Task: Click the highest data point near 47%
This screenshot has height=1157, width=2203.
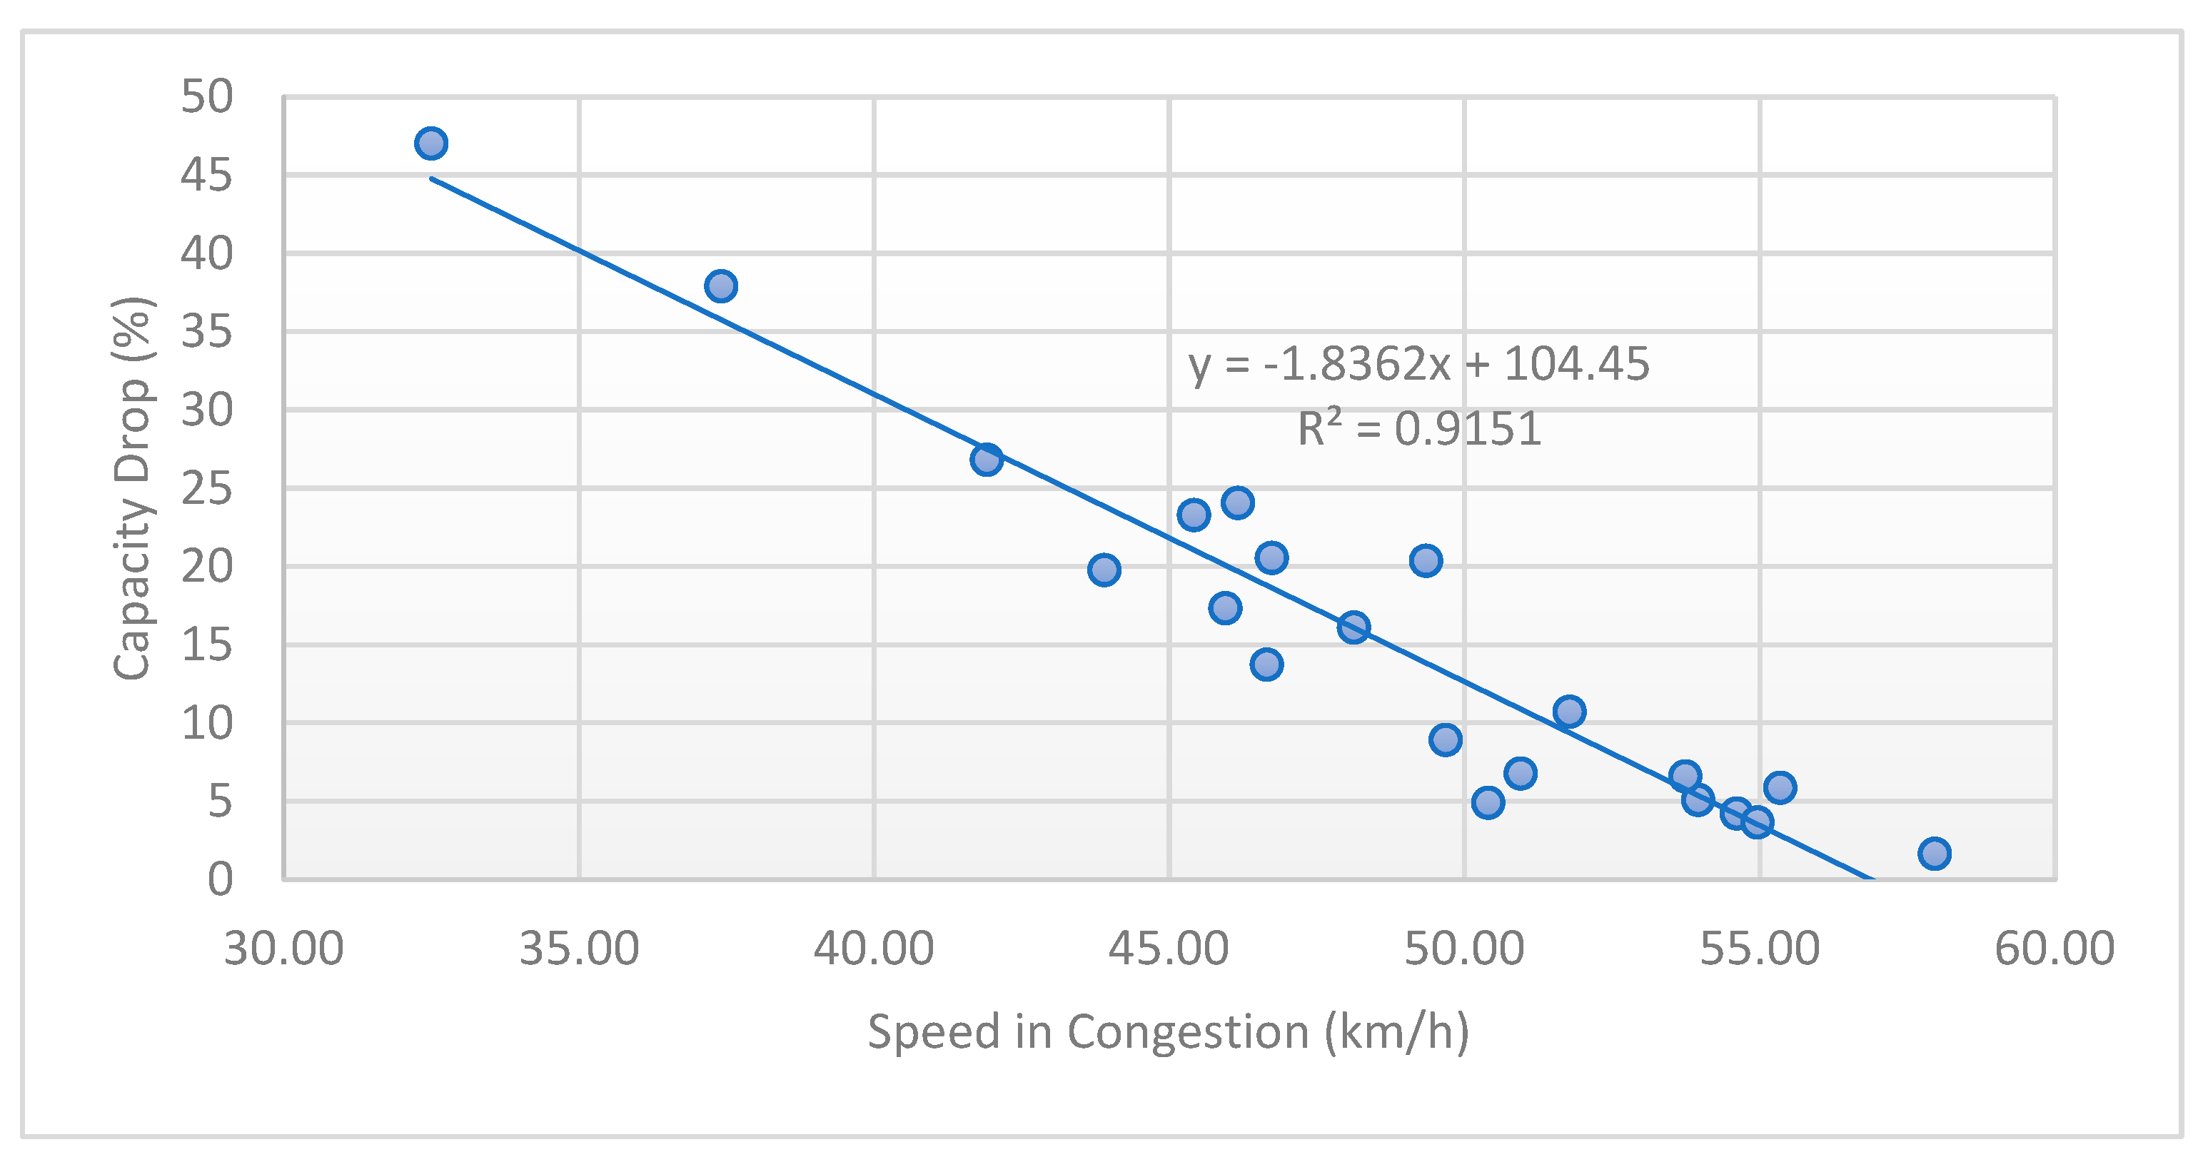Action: (x=431, y=143)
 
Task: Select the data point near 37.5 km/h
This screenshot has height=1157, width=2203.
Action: (x=721, y=286)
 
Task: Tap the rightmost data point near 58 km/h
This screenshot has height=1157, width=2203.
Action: (x=1935, y=852)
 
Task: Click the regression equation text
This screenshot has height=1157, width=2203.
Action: (x=1418, y=364)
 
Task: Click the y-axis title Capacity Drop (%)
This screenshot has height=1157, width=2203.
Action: (x=133, y=488)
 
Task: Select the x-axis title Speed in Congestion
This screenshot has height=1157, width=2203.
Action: (x=1168, y=1031)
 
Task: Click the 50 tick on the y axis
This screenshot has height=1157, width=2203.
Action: (x=206, y=96)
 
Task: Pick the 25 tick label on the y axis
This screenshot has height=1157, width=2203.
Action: (x=206, y=488)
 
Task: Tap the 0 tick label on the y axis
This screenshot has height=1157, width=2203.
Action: (x=220, y=879)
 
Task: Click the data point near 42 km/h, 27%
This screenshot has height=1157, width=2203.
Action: (x=986, y=460)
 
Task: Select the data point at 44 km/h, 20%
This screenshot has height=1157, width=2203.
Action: (x=1104, y=570)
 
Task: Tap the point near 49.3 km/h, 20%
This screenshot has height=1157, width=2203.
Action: (x=1426, y=561)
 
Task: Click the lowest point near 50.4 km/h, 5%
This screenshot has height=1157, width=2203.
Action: (x=1488, y=802)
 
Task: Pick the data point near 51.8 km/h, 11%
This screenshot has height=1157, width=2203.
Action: (x=1569, y=711)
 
